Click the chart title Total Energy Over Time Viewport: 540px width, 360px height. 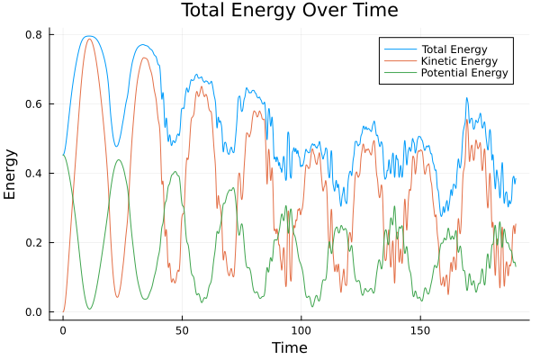click(276, 11)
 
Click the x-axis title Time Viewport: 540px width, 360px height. click(290, 347)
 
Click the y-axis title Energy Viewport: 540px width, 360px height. click(12, 175)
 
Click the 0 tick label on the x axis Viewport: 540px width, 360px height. click(63, 330)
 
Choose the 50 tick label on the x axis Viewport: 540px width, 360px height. click(182, 330)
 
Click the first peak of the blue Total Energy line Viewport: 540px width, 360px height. click(88, 36)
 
